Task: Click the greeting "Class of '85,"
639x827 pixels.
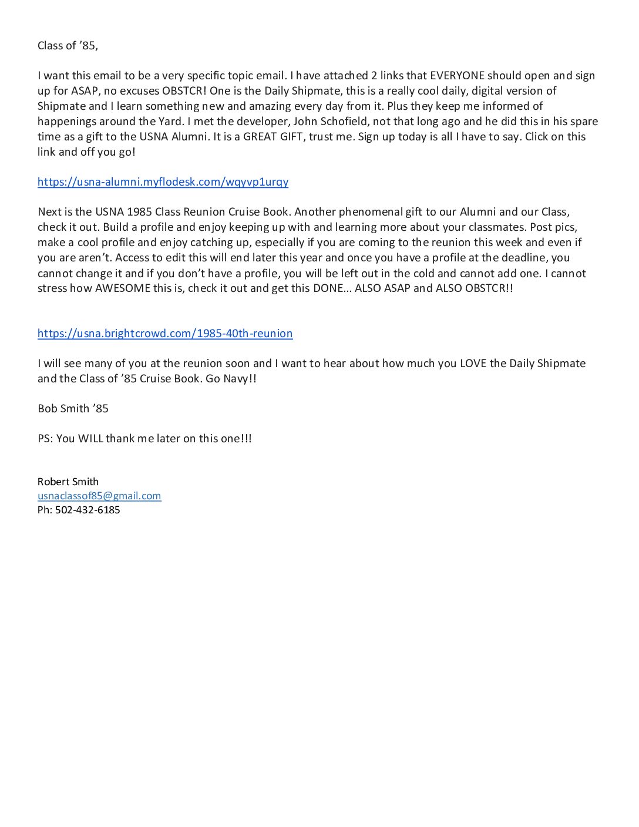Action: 68,46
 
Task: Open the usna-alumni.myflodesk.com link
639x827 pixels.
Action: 163,181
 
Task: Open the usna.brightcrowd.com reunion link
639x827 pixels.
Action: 165,334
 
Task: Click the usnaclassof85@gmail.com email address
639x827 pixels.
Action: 99,496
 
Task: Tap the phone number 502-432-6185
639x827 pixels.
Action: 88,510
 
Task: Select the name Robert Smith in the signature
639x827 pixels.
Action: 68,482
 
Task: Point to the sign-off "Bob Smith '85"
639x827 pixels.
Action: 73,409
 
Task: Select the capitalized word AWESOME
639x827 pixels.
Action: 123,288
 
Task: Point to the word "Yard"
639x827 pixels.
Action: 170,122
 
